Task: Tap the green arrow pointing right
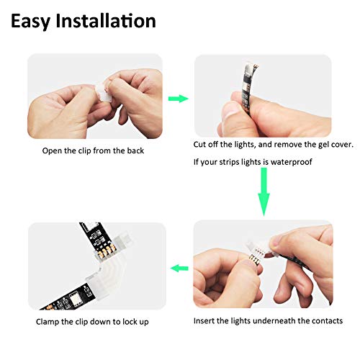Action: [178, 99]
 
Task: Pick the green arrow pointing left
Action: [179, 268]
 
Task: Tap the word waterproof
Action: [289, 162]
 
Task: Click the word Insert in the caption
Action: [204, 321]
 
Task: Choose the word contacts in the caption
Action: [325, 321]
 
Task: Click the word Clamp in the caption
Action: [49, 321]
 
